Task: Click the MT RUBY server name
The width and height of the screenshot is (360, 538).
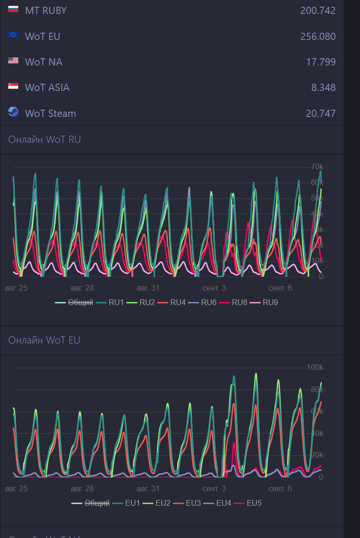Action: tap(46, 11)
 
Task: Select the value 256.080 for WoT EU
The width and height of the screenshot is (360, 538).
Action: tap(318, 37)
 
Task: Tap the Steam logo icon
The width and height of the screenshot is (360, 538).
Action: tap(13, 112)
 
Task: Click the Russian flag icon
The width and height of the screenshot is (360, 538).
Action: tap(13, 9)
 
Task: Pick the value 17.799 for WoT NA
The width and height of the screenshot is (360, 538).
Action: tap(321, 62)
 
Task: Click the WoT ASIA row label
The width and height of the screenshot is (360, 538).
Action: tap(47, 88)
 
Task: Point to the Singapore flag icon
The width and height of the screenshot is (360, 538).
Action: tap(13, 86)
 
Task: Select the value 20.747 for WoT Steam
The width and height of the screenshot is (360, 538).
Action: tap(321, 114)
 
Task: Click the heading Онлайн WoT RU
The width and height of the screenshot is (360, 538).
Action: tap(44, 140)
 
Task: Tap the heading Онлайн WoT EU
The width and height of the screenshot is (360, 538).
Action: tap(44, 340)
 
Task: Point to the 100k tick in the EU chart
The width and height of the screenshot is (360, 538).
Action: tap(315, 368)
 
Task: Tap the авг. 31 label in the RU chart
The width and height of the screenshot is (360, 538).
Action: tap(148, 288)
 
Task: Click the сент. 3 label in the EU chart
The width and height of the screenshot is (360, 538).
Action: tap(214, 489)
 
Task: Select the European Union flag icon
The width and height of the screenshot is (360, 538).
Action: tap(13, 35)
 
